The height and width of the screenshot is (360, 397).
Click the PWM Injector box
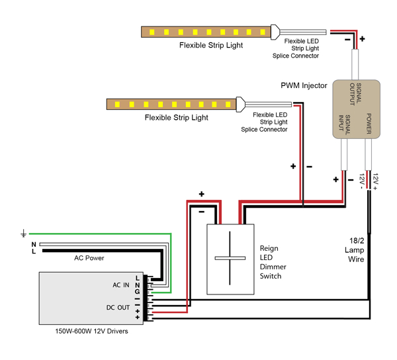coord(356,109)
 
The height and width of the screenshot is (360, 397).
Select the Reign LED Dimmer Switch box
coord(231,259)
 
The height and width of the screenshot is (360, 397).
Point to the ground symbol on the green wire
coord(24,234)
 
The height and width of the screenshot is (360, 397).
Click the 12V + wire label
coord(375,179)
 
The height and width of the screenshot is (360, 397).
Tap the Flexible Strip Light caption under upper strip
coord(210,46)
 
